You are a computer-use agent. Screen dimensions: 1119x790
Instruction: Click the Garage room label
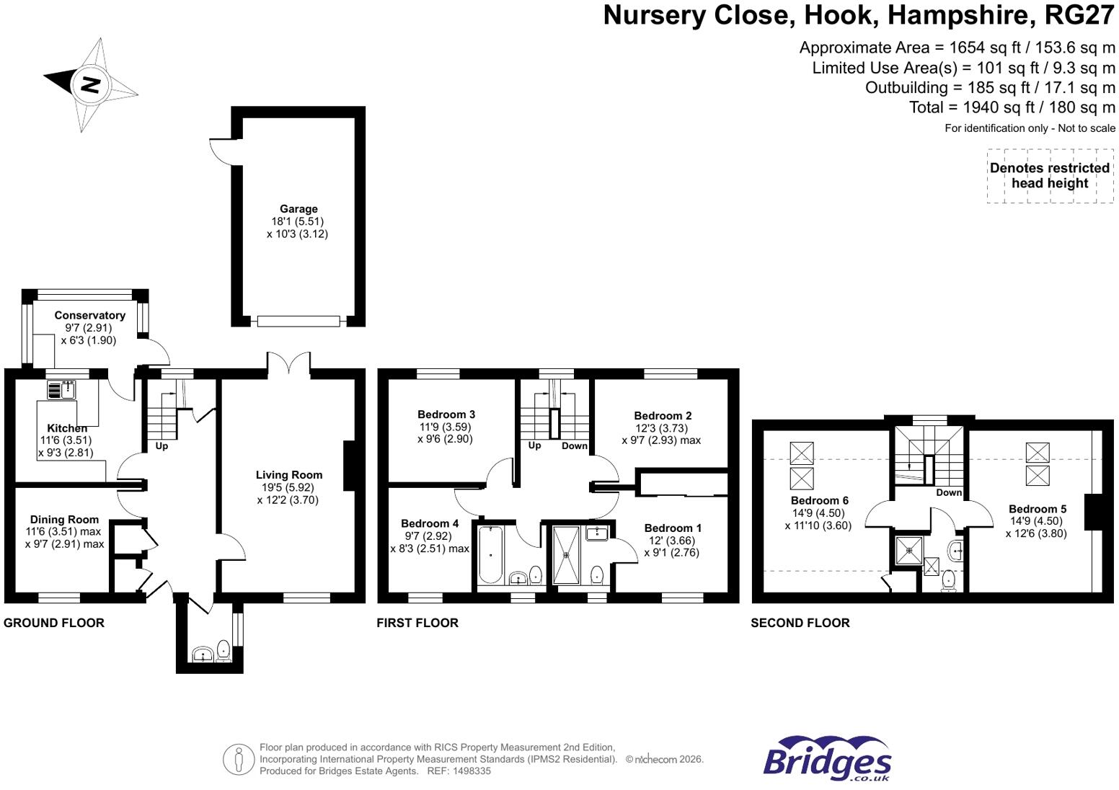point(298,209)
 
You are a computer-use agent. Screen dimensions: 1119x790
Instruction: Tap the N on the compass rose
point(90,84)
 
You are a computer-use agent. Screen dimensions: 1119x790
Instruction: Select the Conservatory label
point(90,315)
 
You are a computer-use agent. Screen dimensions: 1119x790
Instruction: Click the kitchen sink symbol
point(61,390)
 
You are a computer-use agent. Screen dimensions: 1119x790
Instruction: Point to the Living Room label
point(288,475)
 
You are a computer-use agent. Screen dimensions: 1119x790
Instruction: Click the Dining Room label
point(64,520)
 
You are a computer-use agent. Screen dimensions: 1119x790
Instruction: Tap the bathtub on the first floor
point(490,554)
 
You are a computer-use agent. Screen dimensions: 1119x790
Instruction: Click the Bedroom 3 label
point(446,414)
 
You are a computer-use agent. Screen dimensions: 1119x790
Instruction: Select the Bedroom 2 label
point(663,416)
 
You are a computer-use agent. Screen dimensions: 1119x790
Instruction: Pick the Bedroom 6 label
point(819,500)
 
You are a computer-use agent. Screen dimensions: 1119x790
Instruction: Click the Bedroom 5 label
point(1037,509)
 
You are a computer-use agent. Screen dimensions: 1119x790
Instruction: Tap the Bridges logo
point(827,758)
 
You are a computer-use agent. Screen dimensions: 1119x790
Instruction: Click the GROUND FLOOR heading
point(54,623)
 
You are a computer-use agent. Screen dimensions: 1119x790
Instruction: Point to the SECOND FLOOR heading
point(800,623)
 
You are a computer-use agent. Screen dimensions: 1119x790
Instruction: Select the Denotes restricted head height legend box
point(1050,176)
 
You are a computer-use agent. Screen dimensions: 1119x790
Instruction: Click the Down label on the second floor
point(949,492)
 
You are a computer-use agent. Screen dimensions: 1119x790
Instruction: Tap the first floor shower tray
point(567,555)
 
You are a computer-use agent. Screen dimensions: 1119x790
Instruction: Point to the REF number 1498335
point(459,771)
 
